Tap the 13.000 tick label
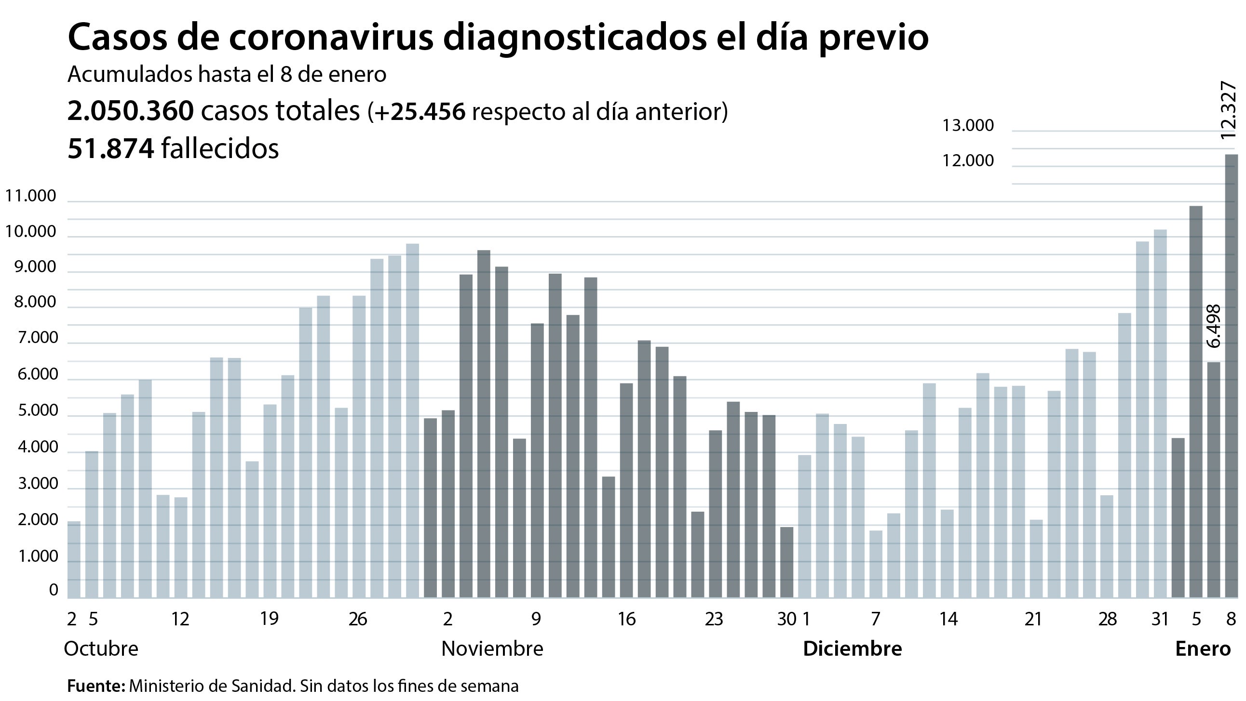point(968,126)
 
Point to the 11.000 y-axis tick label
point(30,196)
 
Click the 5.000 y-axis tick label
point(37,411)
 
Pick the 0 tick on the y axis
point(53,590)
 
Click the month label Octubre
point(101,649)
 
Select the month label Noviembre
point(492,649)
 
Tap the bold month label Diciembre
point(852,649)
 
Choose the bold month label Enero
point(1203,649)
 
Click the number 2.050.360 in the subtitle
point(131,111)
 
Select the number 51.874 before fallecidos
point(111,148)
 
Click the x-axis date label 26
point(357,619)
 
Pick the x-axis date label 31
point(1160,619)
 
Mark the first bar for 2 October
point(74,559)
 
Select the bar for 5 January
point(1196,402)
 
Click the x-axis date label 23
point(714,619)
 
